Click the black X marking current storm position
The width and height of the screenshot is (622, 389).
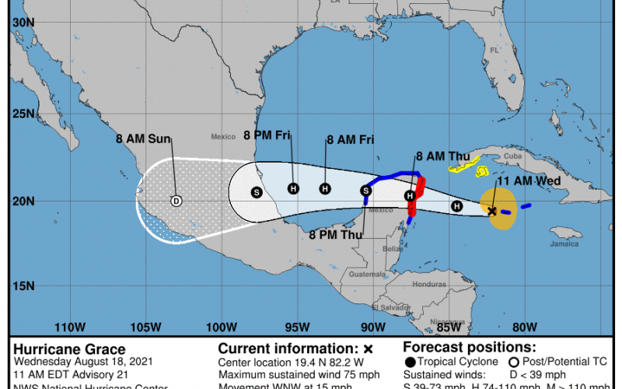(x=492, y=211)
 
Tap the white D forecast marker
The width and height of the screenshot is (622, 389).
(x=176, y=201)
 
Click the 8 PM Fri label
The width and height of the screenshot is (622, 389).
(x=267, y=136)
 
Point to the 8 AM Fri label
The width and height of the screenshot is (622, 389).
(x=351, y=140)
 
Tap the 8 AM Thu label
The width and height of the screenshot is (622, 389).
(x=440, y=156)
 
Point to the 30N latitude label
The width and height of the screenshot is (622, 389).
(x=22, y=23)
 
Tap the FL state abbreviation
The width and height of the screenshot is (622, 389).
(x=492, y=51)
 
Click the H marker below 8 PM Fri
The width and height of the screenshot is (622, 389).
(x=293, y=188)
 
